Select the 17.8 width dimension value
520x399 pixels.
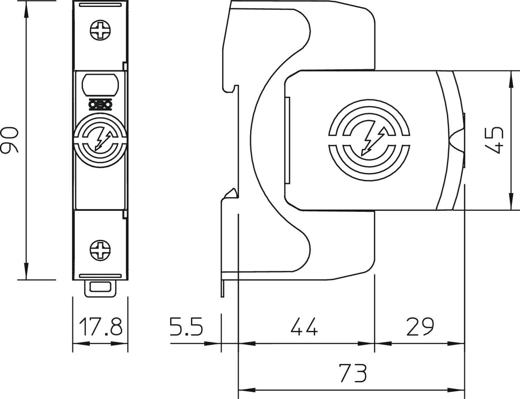click(x=101, y=327)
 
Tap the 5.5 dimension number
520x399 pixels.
click(x=186, y=327)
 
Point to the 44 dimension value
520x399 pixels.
click(x=304, y=327)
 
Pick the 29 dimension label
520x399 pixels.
click(x=420, y=327)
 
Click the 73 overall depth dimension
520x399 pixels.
click(x=353, y=373)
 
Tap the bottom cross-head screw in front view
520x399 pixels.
click(x=101, y=250)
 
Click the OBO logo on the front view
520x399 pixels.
click(x=101, y=105)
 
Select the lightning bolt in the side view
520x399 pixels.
click(x=373, y=142)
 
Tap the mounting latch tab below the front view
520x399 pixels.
click(x=101, y=288)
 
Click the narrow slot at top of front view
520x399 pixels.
click(x=101, y=5)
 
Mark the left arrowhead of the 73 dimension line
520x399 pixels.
click(x=247, y=390)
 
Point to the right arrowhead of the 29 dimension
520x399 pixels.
click(x=456, y=344)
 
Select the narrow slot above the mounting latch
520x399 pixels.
click(x=101, y=276)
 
